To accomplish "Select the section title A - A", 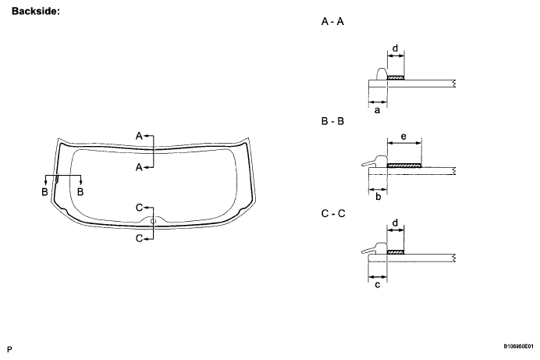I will [332, 23].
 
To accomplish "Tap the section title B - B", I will [332, 122].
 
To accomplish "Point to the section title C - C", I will [332, 213].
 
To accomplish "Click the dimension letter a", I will [378, 111].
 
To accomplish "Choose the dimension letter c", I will [378, 285].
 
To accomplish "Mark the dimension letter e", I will [403, 136].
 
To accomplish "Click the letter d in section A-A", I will [396, 48].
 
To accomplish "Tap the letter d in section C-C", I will [396, 223].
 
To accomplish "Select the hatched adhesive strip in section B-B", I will [404, 166].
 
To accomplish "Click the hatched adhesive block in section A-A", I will [396, 78].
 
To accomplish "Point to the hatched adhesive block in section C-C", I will [396, 252].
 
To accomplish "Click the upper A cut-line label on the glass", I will [139, 136].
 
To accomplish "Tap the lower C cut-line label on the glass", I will [139, 238].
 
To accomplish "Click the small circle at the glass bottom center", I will [154, 221].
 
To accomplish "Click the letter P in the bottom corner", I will [10, 345].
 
